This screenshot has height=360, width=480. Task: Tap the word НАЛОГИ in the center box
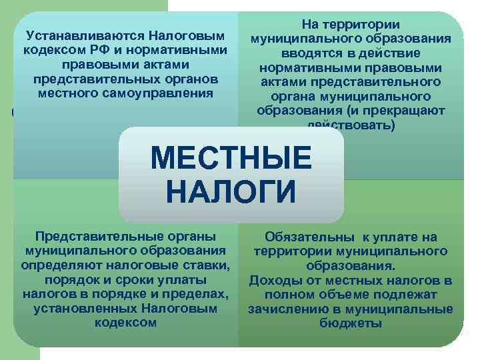pyautogui.click(x=231, y=191)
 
